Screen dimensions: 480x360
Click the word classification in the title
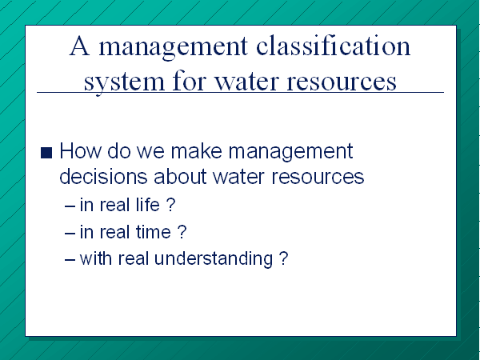tap(333, 46)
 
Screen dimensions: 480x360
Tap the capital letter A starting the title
tap(79, 46)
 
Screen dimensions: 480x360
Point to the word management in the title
tap(173, 48)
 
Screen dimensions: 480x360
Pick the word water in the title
tap(246, 81)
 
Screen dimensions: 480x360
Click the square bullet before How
tap(46, 153)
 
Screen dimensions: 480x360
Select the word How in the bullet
tap(80, 150)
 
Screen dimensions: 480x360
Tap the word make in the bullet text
tap(196, 150)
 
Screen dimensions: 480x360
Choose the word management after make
tap(291, 153)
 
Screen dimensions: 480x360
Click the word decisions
tap(103, 176)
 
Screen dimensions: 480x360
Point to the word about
tap(180, 176)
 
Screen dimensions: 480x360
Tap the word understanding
tap(214, 259)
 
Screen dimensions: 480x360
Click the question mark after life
tap(171, 204)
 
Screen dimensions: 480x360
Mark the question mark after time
tap(182, 232)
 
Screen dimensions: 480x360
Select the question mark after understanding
tap(284, 258)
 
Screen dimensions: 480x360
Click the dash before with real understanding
tap(70, 260)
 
